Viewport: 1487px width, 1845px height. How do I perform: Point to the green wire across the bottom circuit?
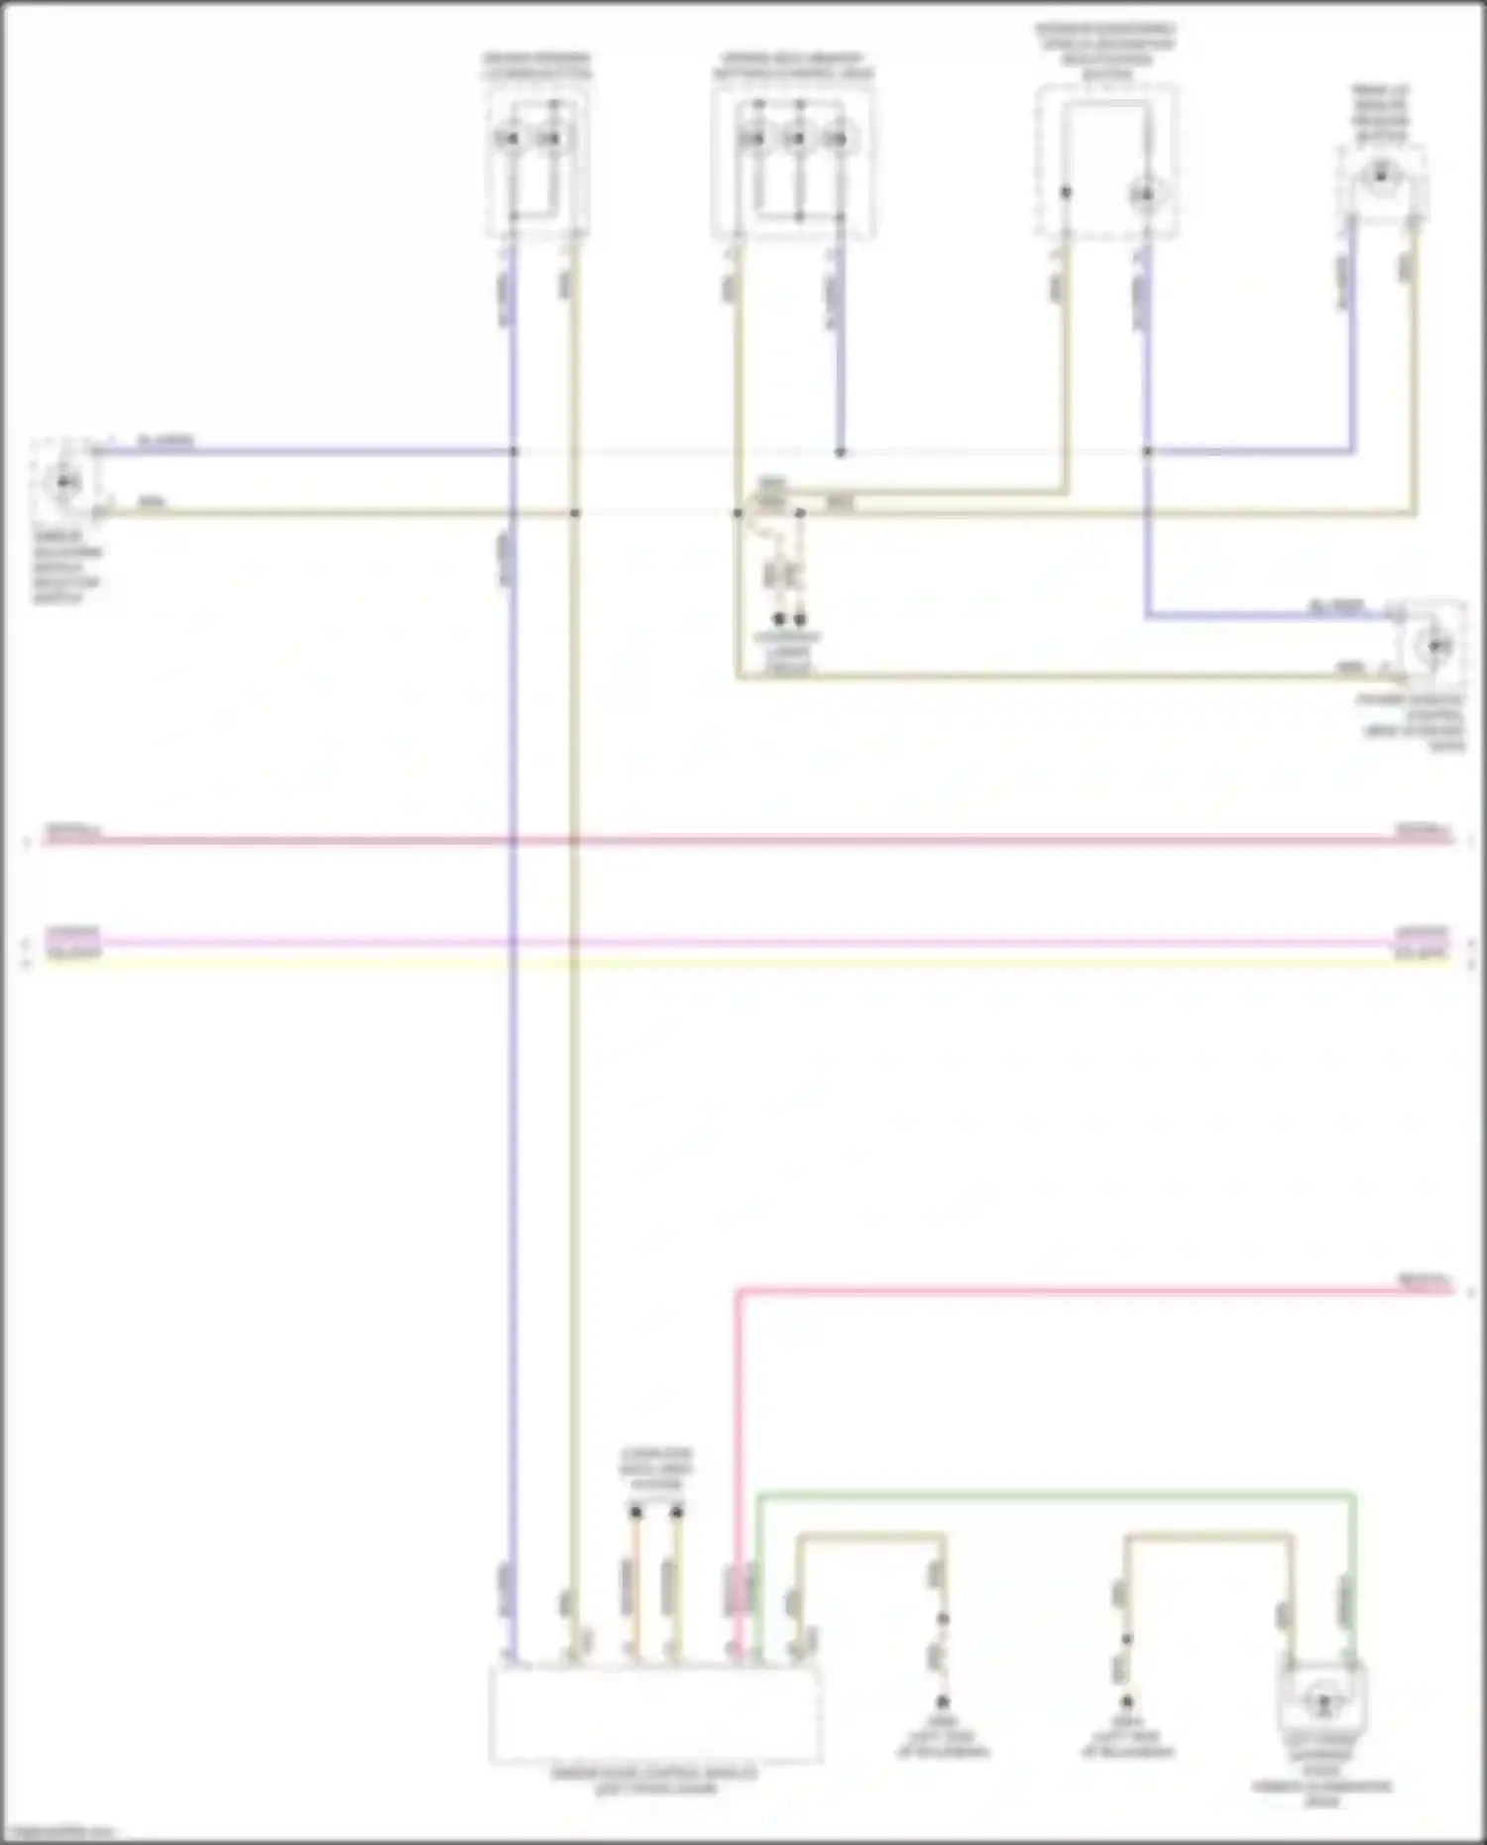[x=1051, y=1494]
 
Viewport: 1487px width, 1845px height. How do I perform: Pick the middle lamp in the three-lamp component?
[x=797, y=138]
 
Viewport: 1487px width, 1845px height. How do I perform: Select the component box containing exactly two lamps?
[x=536, y=159]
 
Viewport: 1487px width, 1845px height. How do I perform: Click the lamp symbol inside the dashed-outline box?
[x=1145, y=194]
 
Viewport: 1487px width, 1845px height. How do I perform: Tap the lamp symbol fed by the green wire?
[x=1321, y=1703]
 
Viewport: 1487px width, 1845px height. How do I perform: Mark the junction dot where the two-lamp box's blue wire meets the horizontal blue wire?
[x=514, y=452]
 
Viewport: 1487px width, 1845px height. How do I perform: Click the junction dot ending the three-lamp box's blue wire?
[x=840, y=452]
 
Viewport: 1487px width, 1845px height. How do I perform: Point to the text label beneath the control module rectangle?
[x=655, y=1781]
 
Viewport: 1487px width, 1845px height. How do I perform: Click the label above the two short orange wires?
[x=656, y=1468]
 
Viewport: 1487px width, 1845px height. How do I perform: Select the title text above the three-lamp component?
[x=792, y=66]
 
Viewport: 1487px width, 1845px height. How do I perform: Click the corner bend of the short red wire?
[x=739, y=1292]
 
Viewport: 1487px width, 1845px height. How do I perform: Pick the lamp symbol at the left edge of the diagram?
[x=65, y=482]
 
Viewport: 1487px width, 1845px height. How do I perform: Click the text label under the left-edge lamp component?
[x=66, y=574]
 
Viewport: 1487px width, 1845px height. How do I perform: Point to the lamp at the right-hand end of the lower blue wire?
[x=1435, y=646]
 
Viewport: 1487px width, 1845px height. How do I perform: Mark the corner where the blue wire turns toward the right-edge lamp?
[x=1148, y=616]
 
